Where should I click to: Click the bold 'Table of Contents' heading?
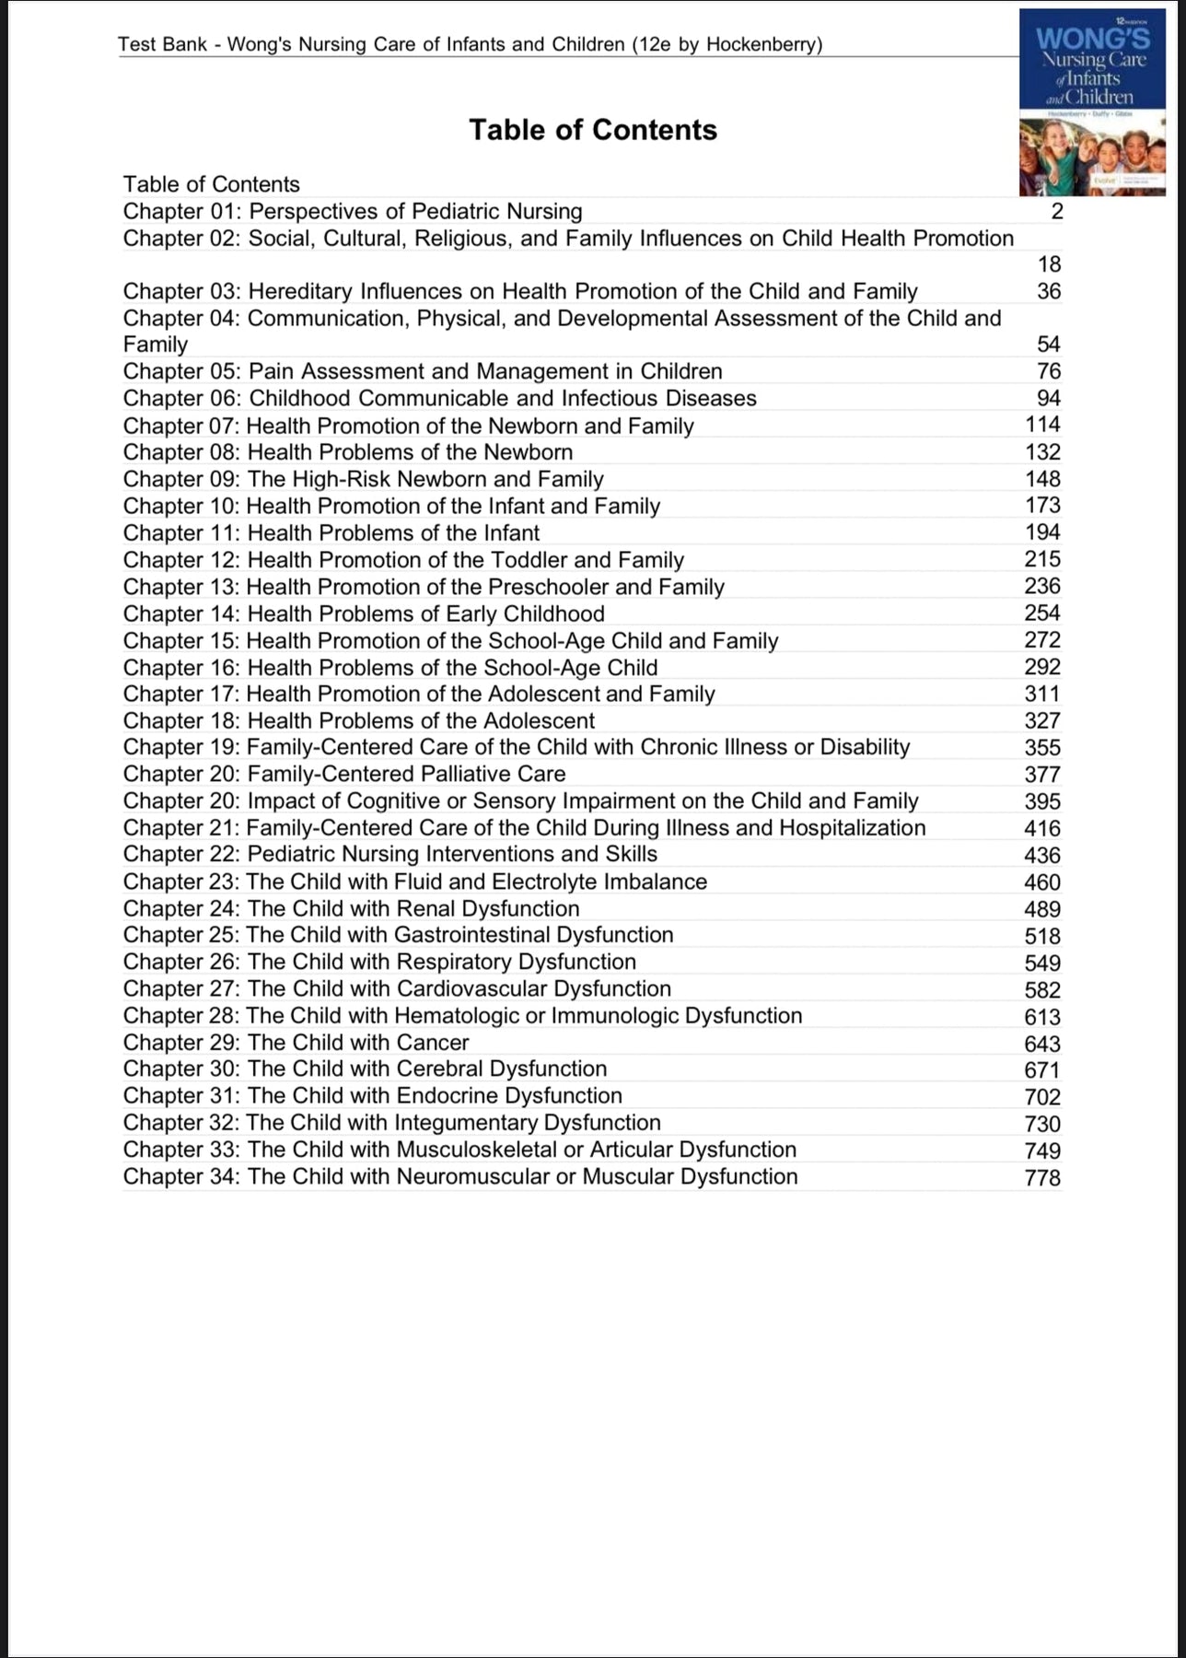(592, 130)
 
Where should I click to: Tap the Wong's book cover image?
(1092, 101)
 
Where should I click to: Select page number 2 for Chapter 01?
(1056, 212)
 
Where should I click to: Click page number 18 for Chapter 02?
(1049, 264)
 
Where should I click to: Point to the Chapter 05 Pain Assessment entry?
(423, 371)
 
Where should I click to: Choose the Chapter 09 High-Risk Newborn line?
(363, 479)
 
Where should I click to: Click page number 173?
(1042, 506)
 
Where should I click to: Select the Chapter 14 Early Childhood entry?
(364, 613)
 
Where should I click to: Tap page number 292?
(1042, 667)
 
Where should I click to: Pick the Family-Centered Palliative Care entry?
(344, 774)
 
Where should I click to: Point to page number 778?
(1042, 1177)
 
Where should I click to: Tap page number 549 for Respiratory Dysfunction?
(1042, 963)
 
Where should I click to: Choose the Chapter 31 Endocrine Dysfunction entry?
(372, 1096)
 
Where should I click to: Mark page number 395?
(1042, 801)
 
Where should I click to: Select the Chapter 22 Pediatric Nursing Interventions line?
(390, 855)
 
